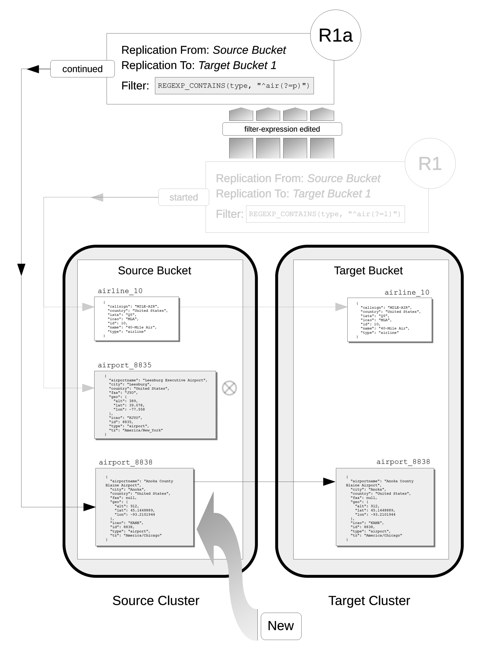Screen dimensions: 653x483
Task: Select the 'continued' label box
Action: pyautogui.click(x=82, y=69)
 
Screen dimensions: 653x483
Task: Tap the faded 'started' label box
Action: pyautogui.click(x=184, y=197)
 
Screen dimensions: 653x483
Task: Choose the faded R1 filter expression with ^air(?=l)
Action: pyautogui.click(x=325, y=214)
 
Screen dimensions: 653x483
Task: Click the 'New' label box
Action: pyautogui.click(x=281, y=626)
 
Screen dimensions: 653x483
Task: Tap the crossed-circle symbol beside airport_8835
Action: pyautogui.click(x=229, y=388)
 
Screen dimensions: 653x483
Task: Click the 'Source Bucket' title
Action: pyautogui.click(x=154, y=271)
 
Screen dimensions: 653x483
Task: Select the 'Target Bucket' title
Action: pyautogui.click(x=368, y=271)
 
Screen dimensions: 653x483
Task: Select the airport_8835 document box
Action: pyautogui.click(x=155, y=405)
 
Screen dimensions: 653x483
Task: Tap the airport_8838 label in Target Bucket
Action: pyautogui.click(x=403, y=461)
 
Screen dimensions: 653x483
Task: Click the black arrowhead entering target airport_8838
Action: pyautogui.click(x=329, y=482)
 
